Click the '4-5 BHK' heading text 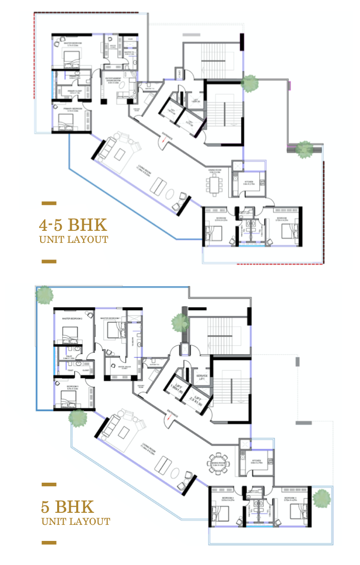pyautogui.click(x=73, y=223)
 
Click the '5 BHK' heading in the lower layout pyautogui.click(x=67, y=505)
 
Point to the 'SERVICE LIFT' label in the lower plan pyautogui.click(x=202, y=377)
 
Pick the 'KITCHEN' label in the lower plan pyautogui.click(x=256, y=460)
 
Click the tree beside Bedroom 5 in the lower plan pyautogui.click(x=321, y=498)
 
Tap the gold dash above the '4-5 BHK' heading pyautogui.click(x=49, y=203)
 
